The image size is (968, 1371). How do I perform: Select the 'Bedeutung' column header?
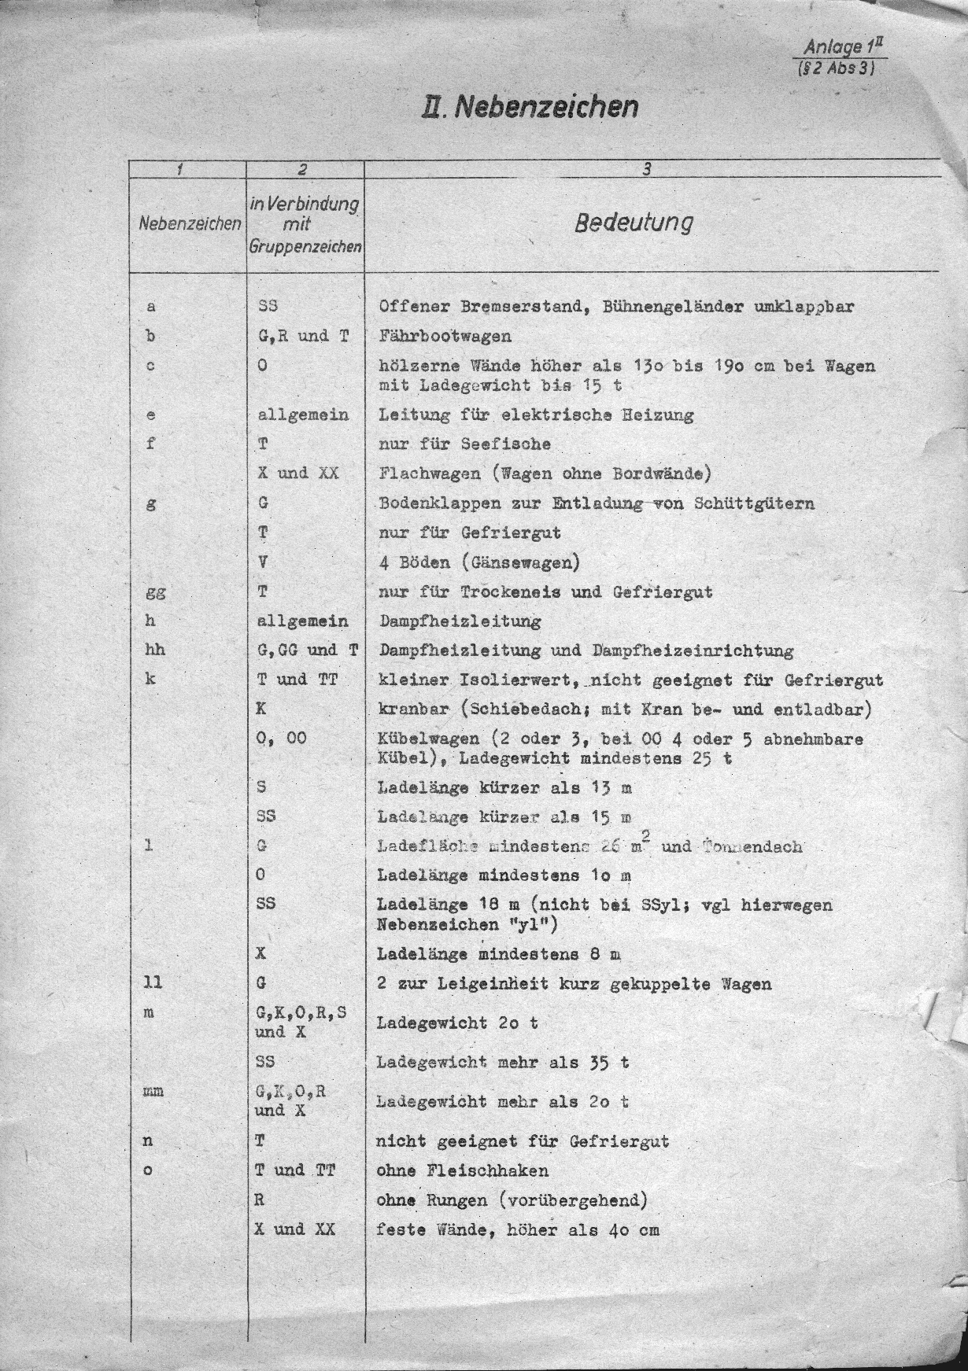click(634, 223)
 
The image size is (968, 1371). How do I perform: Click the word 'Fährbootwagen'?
click(445, 337)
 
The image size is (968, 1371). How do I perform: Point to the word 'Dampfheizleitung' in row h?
click(460, 621)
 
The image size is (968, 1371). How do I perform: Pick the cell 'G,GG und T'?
click(308, 650)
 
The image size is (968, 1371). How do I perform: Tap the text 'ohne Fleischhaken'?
click(463, 1170)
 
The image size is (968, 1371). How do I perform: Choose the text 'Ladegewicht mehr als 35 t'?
click(503, 1063)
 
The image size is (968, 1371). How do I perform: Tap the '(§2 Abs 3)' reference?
click(837, 68)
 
